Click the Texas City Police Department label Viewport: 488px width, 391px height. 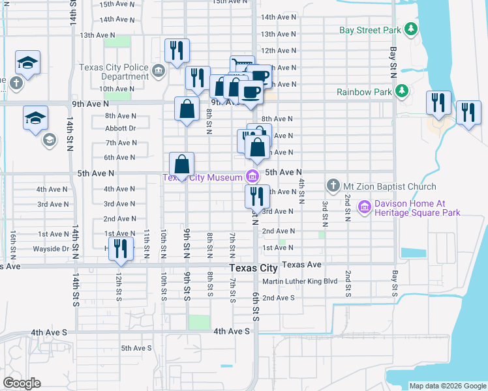pos(114,72)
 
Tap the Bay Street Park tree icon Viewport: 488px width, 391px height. pos(411,29)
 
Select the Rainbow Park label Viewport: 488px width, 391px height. pos(364,92)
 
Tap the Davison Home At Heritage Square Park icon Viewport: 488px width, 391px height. pos(364,208)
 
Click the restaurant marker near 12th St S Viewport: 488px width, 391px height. pos(120,249)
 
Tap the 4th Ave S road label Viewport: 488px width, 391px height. pos(232,331)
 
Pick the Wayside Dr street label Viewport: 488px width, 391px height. pos(51,248)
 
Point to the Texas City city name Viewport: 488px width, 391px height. pos(254,268)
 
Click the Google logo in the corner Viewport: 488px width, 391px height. pos(22,383)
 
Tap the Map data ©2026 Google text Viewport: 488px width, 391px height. pos(448,386)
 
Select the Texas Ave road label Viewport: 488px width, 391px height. pos(303,265)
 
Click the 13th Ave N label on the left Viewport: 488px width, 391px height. pos(97,35)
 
